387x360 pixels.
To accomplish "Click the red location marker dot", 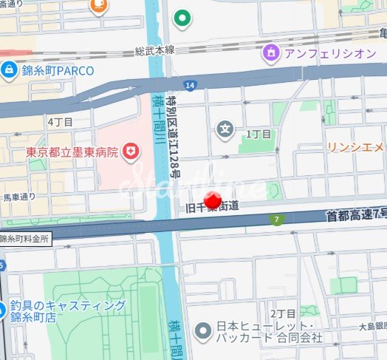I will pyautogui.click(x=213, y=200).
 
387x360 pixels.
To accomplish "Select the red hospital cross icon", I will pyautogui.click(x=131, y=152).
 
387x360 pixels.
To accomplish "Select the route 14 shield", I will pyautogui.click(x=191, y=86).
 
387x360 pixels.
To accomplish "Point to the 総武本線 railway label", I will pyautogui.click(x=154, y=50).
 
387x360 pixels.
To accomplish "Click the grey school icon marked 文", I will pyautogui.click(x=225, y=131).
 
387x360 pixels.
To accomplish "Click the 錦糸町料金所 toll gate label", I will pyautogui.click(x=25, y=240).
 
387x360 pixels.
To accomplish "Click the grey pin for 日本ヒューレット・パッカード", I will pyautogui.click(x=202, y=332).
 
